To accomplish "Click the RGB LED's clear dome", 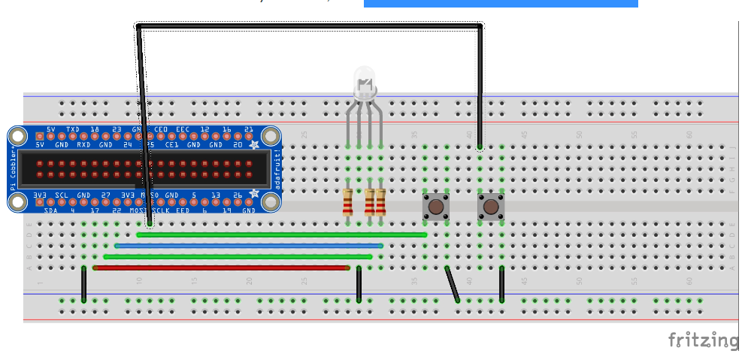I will [x=364, y=80].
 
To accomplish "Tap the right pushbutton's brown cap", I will [x=491, y=205].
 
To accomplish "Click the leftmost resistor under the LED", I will [x=347, y=201].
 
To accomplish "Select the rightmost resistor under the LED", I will [x=380, y=201].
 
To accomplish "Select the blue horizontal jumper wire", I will [x=248, y=246].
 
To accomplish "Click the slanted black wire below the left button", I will [x=452, y=284].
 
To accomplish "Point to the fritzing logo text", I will [x=703, y=340].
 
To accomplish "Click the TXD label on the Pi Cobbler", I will [x=73, y=130].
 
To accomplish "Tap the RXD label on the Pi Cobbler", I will [x=83, y=144].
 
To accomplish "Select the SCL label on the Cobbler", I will [x=62, y=195].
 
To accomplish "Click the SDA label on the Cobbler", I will [x=50, y=210].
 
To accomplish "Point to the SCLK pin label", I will [x=161, y=210].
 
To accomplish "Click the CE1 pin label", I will [x=171, y=144].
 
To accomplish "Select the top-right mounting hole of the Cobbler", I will [x=270, y=136].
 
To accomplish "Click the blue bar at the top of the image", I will [x=501, y=3].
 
